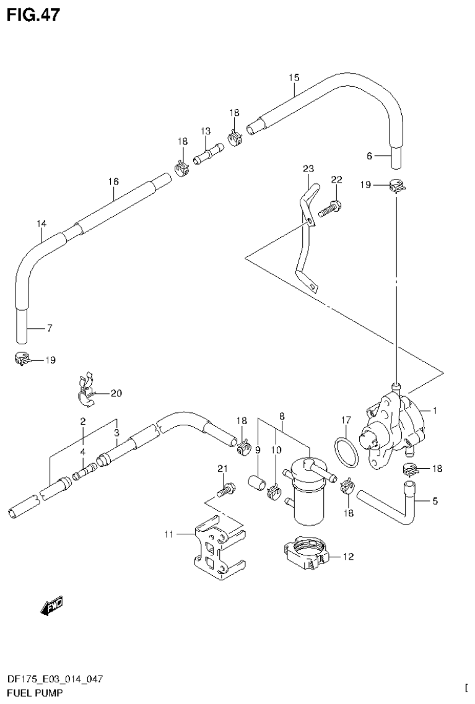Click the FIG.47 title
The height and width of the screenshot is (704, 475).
click(33, 14)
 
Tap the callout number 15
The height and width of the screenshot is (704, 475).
click(294, 77)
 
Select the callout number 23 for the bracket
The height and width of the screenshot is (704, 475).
click(308, 168)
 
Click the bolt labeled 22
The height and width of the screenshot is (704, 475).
click(329, 208)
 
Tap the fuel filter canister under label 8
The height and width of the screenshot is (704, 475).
click(307, 495)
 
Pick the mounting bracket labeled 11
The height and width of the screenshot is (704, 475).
click(217, 549)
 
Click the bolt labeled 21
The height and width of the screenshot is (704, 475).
click(224, 490)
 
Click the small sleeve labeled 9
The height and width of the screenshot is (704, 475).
click(256, 483)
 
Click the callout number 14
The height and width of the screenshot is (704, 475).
click(41, 223)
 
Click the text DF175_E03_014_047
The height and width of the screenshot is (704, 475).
click(54, 679)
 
